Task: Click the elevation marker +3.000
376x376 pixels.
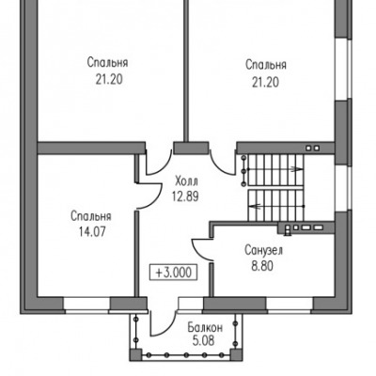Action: (173, 272)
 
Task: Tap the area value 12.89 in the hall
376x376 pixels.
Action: (185, 196)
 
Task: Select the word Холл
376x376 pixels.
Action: (186, 181)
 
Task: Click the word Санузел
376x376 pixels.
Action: (263, 250)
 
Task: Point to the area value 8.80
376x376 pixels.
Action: (262, 266)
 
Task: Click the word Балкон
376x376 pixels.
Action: (205, 328)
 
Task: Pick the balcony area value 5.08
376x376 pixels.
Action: (204, 340)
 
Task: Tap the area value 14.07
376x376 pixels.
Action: (92, 232)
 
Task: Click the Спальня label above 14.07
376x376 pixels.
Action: (91, 217)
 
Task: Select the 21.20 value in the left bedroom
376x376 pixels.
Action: (109, 80)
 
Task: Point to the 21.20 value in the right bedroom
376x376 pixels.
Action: (265, 83)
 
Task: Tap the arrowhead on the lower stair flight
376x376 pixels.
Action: (254, 206)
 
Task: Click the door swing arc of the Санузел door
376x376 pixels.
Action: (197, 252)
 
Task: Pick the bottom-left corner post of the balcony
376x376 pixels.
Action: (135, 355)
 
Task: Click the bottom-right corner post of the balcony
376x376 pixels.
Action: (237, 355)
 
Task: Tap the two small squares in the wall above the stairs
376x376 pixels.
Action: (312, 148)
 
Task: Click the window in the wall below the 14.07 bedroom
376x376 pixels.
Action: (87, 305)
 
